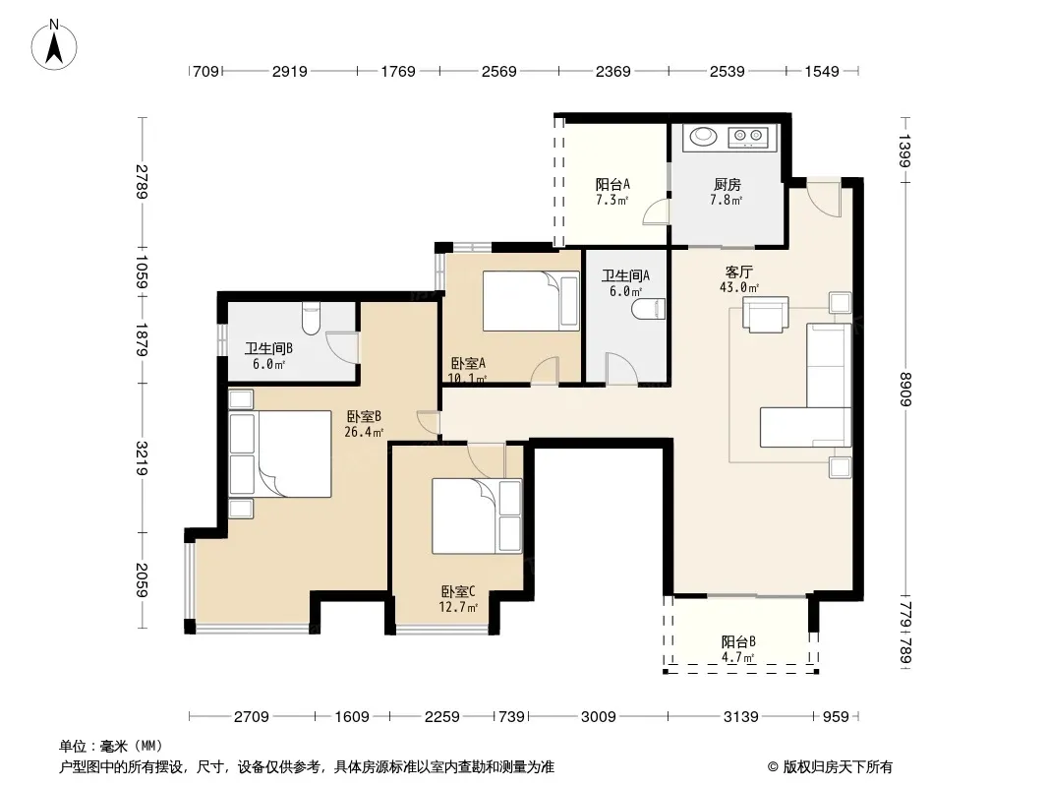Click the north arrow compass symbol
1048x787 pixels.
tap(54, 45)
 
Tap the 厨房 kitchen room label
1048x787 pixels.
tap(728, 184)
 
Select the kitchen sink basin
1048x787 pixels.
tap(703, 137)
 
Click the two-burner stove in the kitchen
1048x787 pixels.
tap(748, 137)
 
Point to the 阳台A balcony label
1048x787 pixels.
tap(612, 184)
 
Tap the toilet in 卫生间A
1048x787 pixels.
tap(648, 309)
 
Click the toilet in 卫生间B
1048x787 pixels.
tap(311, 319)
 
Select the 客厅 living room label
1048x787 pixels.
tap(738, 272)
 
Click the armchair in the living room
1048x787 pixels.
tap(765, 314)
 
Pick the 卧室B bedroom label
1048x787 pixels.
tap(364, 416)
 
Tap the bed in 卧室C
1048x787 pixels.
tap(477, 515)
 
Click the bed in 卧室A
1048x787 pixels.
tap(531, 301)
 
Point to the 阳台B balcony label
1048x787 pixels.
tap(738, 642)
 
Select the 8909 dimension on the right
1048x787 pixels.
tap(905, 389)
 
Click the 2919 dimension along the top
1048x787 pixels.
tap(289, 71)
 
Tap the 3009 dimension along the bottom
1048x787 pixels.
tap(598, 717)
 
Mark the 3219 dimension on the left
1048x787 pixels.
tap(142, 458)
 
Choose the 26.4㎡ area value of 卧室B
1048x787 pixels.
tap(364, 433)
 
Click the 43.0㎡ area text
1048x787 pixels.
tap(739, 288)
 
